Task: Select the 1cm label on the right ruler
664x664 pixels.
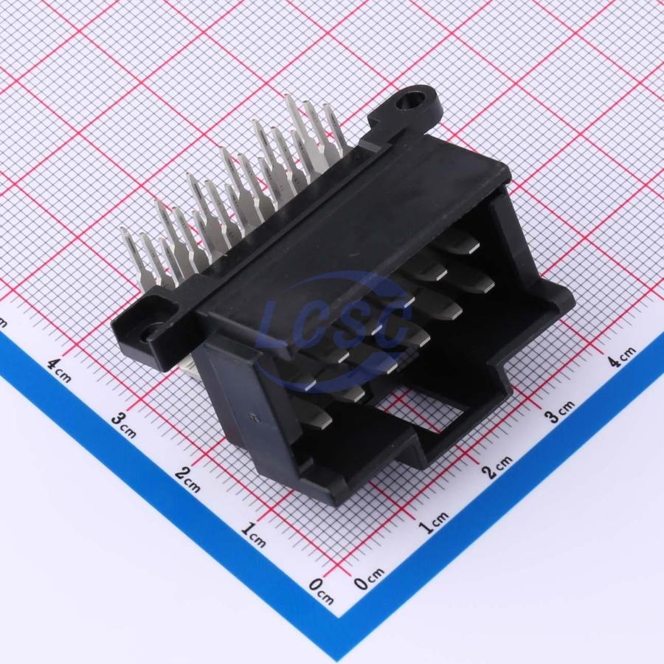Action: point(433,522)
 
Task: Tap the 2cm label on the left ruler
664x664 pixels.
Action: point(187,480)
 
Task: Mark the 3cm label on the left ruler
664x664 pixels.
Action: point(124,426)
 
